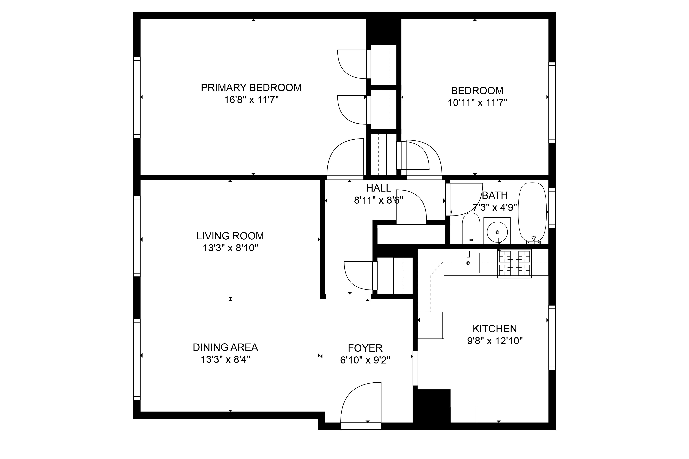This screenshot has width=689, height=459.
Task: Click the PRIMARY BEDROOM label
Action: [251, 88]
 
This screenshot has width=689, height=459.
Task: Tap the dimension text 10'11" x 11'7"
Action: [477, 103]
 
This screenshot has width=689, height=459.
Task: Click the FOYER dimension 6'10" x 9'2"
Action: [365, 360]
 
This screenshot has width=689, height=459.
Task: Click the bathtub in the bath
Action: [532, 212]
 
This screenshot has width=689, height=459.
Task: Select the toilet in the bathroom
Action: [471, 229]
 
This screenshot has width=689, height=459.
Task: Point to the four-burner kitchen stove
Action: [514, 263]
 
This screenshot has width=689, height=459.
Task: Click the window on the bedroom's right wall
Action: [552, 102]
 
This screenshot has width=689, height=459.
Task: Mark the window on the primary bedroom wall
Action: [137, 97]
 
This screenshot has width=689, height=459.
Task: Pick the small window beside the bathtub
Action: [552, 208]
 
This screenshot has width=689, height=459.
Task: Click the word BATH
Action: [495, 195]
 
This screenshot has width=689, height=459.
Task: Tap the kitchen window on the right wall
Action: [552, 337]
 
